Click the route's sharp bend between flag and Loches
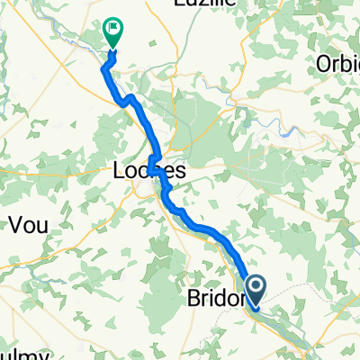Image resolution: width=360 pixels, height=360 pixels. (x=130, y=97)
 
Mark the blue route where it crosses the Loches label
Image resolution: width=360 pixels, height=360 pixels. (x=155, y=167)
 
